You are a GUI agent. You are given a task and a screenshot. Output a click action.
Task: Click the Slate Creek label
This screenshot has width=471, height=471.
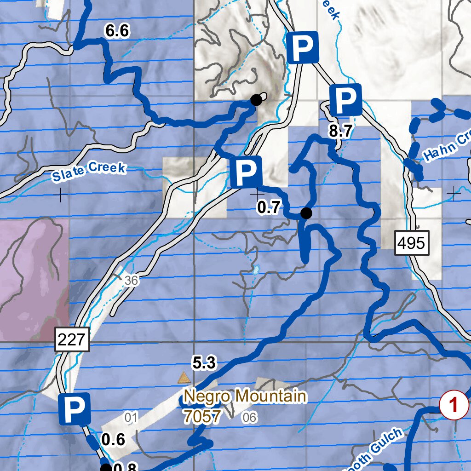tap(88, 172)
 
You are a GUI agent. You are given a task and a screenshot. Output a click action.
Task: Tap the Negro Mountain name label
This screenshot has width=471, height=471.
tap(245, 396)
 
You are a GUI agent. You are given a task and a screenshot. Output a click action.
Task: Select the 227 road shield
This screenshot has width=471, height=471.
tap(72, 340)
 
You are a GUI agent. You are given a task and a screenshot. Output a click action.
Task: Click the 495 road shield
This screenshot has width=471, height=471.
tap(412, 243)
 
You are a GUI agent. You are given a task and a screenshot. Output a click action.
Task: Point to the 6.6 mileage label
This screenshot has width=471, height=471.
tap(117, 31)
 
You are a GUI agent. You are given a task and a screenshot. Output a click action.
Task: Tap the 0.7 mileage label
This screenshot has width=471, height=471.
tap(269, 208)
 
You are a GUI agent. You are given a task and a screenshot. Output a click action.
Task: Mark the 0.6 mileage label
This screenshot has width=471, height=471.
tap(113, 440)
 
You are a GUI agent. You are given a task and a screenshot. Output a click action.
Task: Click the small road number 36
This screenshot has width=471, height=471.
tap(131, 281)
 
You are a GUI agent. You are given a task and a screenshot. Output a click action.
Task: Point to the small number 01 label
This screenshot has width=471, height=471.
tap(132, 418)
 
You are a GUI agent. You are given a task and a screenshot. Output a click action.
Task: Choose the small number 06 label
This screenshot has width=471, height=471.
tap(249, 418)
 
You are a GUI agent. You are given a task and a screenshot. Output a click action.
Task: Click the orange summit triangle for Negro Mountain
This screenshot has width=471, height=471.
tap(184, 378)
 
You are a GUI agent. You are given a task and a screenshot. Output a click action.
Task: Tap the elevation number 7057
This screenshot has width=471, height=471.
tap(202, 416)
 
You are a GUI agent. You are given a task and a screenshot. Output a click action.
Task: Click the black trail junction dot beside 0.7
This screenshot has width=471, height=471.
tap(306, 213)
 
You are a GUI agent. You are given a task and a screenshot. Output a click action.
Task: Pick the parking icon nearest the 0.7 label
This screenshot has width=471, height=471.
tap(247, 172)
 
